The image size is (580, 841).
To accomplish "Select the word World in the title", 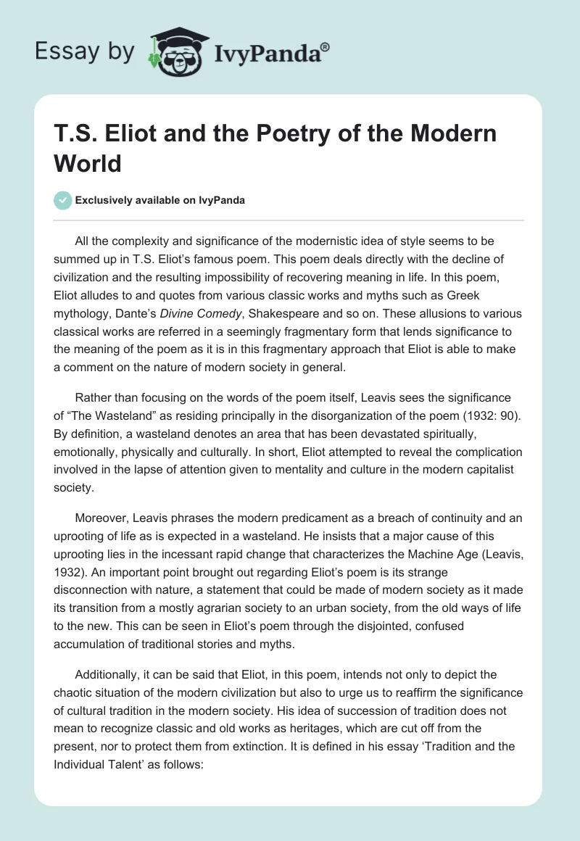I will tap(88, 162).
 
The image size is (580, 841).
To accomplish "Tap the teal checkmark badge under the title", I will tap(63, 200).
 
